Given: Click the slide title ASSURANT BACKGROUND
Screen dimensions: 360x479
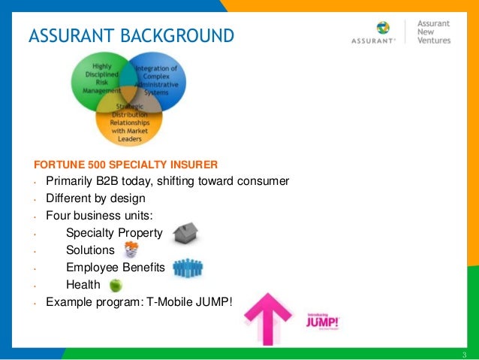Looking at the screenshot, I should click(131, 35).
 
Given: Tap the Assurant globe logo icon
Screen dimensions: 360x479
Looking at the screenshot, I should click(383, 28).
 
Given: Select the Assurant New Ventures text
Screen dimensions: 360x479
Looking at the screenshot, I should click(435, 32).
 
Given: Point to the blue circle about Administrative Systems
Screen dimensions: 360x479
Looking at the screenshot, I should click(160, 80).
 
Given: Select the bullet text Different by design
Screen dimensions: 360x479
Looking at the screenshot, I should click(95, 199).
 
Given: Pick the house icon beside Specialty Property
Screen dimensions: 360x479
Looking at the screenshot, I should click(185, 234).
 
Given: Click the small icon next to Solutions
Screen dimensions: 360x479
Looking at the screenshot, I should click(130, 250).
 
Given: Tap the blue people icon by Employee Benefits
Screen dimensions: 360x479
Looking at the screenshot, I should click(188, 268).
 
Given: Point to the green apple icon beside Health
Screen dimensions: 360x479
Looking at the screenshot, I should click(116, 285).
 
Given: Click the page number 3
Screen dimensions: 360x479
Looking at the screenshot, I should click(465, 354).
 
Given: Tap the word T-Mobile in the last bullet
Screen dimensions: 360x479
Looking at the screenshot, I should click(163, 303).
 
